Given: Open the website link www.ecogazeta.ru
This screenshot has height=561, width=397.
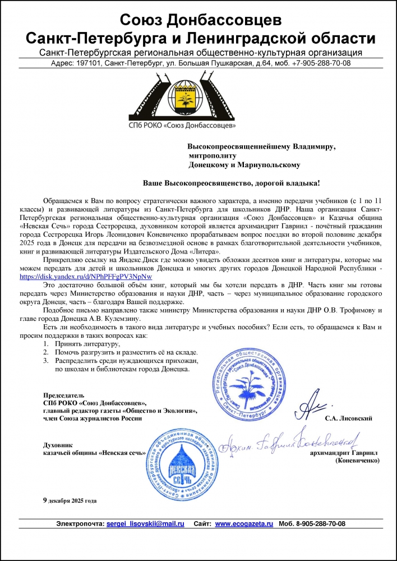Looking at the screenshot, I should pos(244,523).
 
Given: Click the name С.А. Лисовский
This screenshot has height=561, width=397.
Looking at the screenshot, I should pos(348,419).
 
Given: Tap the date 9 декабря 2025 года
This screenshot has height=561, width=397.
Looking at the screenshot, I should pos(70,499).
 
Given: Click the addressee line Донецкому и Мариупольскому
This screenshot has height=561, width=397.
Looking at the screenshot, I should pos(244,165).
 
